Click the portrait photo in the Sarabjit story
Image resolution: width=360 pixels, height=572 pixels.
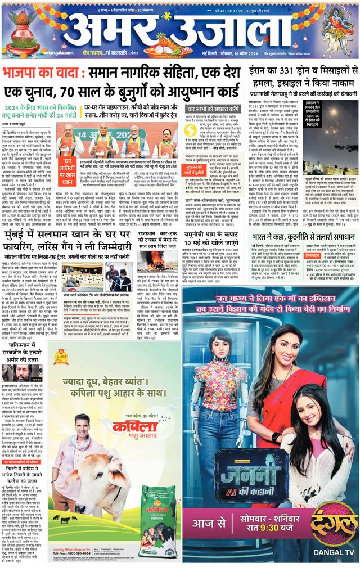(14, 373)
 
